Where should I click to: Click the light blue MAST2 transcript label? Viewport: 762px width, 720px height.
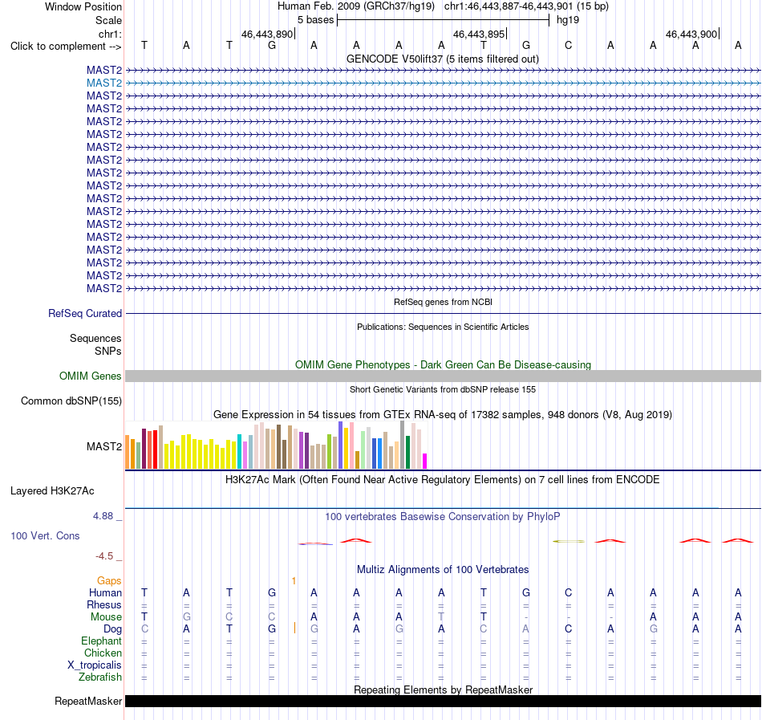(104, 83)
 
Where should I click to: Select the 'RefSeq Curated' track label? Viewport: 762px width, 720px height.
(85, 314)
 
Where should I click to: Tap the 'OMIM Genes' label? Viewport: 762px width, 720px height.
(91, 376)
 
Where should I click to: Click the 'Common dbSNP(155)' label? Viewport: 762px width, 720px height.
(71, 401)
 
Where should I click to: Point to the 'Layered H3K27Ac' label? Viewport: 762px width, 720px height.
(52, 491)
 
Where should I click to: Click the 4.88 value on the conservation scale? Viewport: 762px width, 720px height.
(103, 516)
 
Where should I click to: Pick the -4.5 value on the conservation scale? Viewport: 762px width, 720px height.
(104, 555)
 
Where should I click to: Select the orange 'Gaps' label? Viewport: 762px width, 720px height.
(109, 580)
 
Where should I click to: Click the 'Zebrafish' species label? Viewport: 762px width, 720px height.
(100, 677)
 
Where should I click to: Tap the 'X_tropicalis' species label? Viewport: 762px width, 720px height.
(95, 665)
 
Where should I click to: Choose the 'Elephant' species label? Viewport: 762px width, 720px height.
(102, 641)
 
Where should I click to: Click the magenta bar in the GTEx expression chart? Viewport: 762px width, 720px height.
(425, 461)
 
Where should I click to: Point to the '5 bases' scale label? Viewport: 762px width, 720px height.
(316, 20)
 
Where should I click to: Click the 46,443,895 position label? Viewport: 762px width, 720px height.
(479, 34)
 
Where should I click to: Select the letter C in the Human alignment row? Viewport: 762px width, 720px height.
(568, 592)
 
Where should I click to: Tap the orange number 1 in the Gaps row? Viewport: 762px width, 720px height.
(294, 580)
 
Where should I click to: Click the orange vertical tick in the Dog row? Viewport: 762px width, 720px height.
(294, 628)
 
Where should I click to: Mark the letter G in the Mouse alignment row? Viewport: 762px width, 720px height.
(187, 616)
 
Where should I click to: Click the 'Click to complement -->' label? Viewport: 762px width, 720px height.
(66, 47)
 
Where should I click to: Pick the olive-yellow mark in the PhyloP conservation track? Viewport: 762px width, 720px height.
(569, 541)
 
